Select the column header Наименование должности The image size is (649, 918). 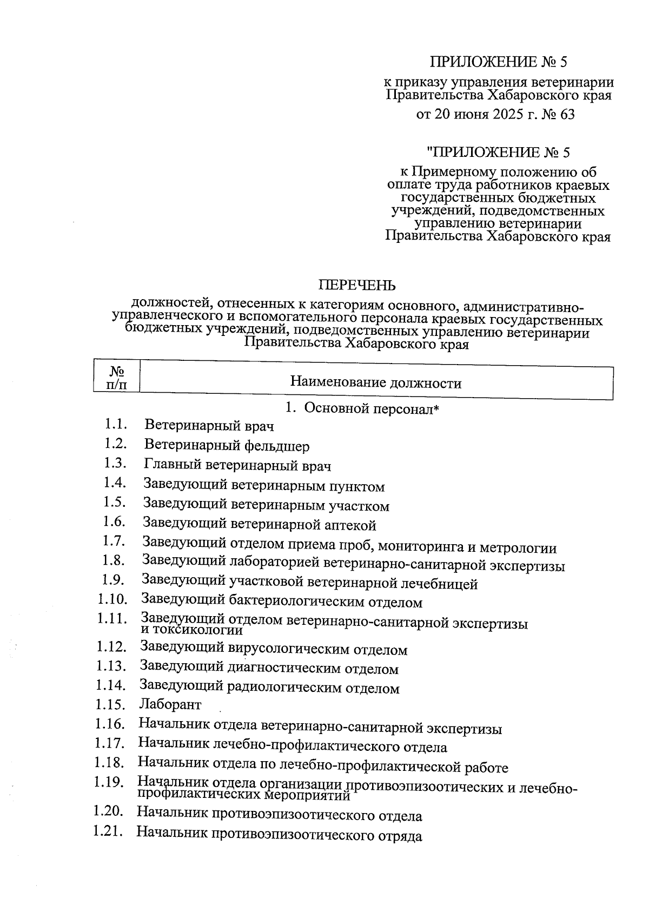click(375, 384)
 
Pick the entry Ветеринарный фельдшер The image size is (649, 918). click(227, 446)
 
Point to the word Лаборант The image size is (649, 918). click(170, 704)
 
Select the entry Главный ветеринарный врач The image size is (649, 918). click(237, 465)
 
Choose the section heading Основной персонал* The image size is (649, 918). click(372, 408)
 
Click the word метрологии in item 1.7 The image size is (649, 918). click(521, 548)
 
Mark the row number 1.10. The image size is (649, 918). click(112, 599)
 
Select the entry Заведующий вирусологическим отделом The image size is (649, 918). click(273, 649)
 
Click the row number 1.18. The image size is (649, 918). click(109, 763)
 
